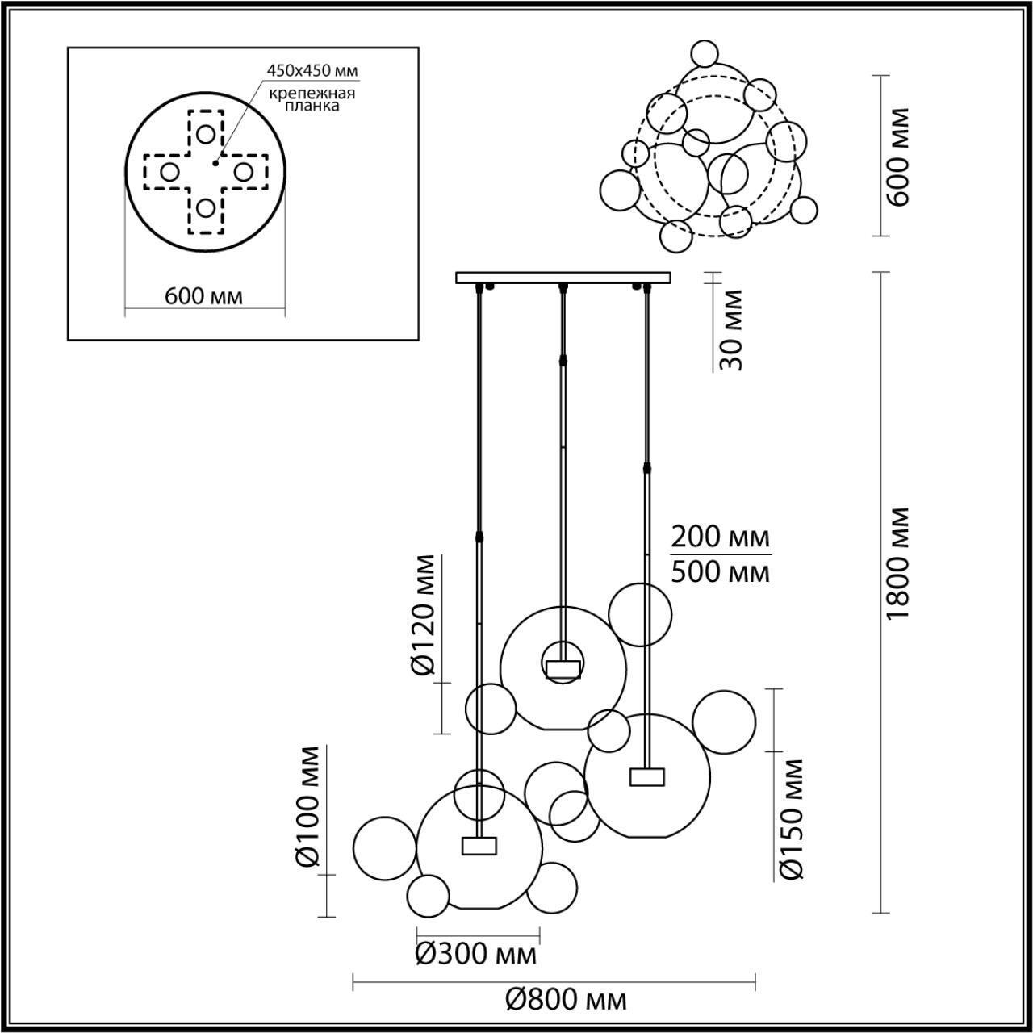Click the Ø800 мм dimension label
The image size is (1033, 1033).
click(x=566, y=1001)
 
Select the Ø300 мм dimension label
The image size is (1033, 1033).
click(x=476, y=956)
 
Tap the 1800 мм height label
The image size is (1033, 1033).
click(x=897, y=563)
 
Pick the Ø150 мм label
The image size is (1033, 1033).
click(x=793, y=818)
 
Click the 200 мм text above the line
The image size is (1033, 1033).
click(x=720, y=536)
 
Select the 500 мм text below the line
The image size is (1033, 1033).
click(x=720, y=572)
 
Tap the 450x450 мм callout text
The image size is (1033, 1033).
click(x=313, y=70)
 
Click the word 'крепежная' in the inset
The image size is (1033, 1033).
click(x=314, y=94)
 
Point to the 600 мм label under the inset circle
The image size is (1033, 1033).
click(x=203, y=296)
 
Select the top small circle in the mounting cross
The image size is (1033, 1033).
click(x=207, y=133)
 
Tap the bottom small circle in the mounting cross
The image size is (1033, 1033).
click(x=207, y=208)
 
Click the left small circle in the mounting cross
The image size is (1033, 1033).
click(x=169, y=171)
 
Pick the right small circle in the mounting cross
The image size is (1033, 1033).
click(x=244, y=171)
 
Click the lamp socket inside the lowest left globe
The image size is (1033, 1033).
click(x=479, y=845)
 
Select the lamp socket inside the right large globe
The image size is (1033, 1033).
click(x=647, y=776)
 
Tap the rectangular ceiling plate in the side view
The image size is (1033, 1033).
click(x=563, y=278)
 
